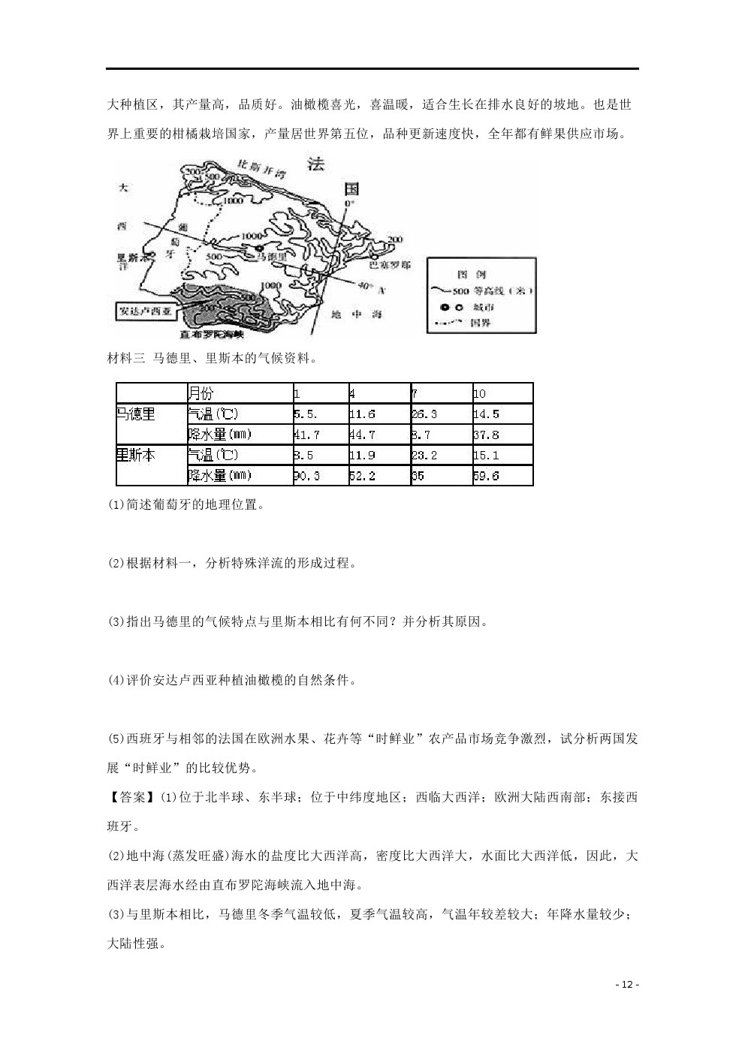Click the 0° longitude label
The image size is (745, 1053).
(x=349, y=203)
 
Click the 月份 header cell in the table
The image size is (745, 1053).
(x=201, y=393)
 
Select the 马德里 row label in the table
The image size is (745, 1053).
(x=136, y=414)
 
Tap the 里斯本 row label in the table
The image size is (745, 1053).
(x=136, y=455)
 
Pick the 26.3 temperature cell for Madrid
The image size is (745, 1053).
(x=424, y=414)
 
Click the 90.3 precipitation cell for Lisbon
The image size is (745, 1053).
(x=306, y=476)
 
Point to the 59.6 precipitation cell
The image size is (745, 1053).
(x=487, y=476)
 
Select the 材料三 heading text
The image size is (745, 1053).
(x=125, y=359)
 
